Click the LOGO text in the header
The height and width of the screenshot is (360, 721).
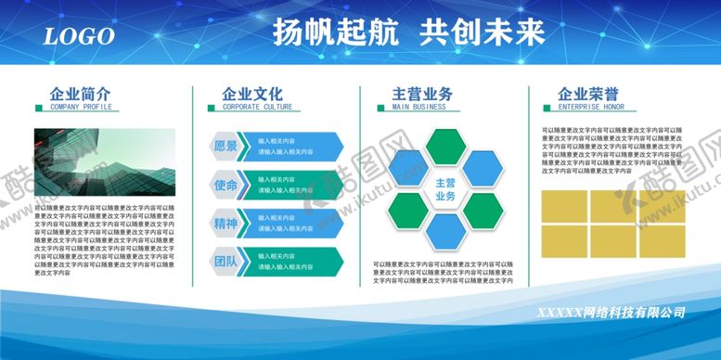point(79,36)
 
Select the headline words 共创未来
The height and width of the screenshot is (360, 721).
point(482,32)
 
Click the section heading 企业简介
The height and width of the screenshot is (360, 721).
point(80,94)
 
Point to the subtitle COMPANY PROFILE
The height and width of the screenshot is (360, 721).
point(81,107)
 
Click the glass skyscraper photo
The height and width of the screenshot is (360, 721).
point(104,162)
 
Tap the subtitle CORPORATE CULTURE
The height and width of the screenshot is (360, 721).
point(257,107)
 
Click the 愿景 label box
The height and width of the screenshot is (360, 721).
point(225,147)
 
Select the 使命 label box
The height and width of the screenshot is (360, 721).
point(225,186)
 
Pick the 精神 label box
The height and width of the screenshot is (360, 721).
point(225,224)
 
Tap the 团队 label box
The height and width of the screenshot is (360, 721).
point(225,262)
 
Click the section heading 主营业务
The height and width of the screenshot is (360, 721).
point(422,94)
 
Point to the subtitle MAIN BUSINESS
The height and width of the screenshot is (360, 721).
point(418,107)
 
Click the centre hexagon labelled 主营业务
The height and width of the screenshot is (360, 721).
point(445,189)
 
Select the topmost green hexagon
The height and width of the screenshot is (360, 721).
point(445,146)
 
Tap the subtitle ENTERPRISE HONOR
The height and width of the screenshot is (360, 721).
point(591,107)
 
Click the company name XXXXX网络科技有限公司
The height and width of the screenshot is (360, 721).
point(612,312)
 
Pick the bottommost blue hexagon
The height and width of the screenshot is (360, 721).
point(445,233)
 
